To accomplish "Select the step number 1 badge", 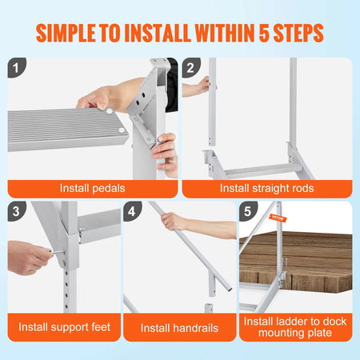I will click(17, 67).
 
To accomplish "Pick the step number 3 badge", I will click(17, 210).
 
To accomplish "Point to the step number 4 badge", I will click(133, 210).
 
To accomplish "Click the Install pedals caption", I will click(92, 189).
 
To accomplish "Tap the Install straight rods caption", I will click(267, 189).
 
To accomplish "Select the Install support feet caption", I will click(63, 327).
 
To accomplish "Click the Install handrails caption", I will click(179, 328).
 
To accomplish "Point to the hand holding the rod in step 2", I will click(200, 86).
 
